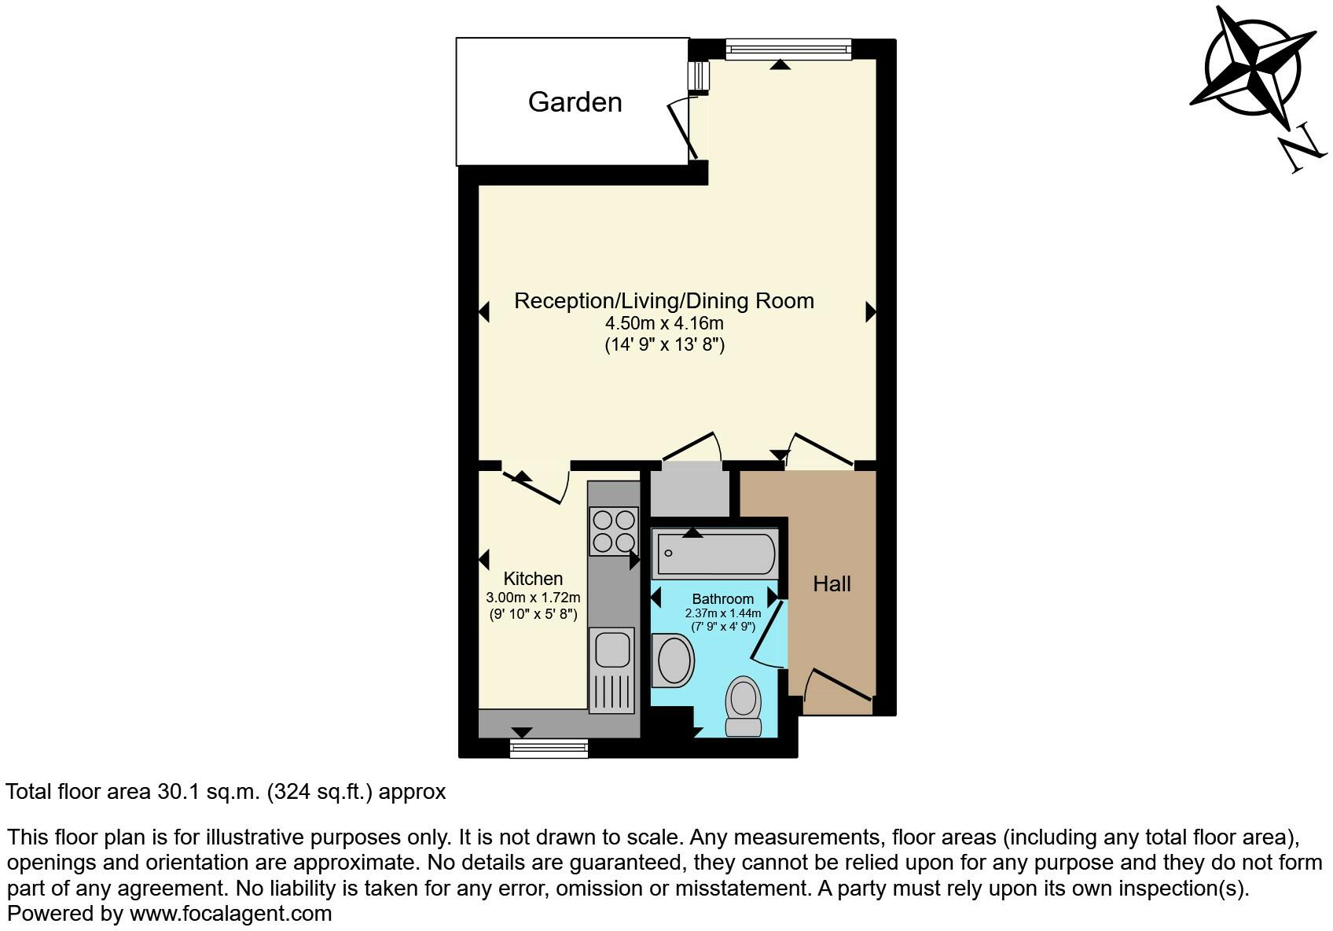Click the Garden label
[x=575, y=102]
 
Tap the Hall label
[x=832, y=584]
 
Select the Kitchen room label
[x=533, y=579]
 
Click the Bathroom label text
[x=722, y=599]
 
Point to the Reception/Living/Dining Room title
[x=664, y=301]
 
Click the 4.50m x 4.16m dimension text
[x=664, y=323]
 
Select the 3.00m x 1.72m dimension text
[x=533, y=598]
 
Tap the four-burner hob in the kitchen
[x=614, y=532]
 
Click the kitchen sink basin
[x=612, y=649]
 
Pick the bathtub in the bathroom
[x=715, y=554]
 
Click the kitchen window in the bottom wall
[x=549, y=748]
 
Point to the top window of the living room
[x=788, y=50]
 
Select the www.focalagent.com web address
[x=230, y=914]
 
